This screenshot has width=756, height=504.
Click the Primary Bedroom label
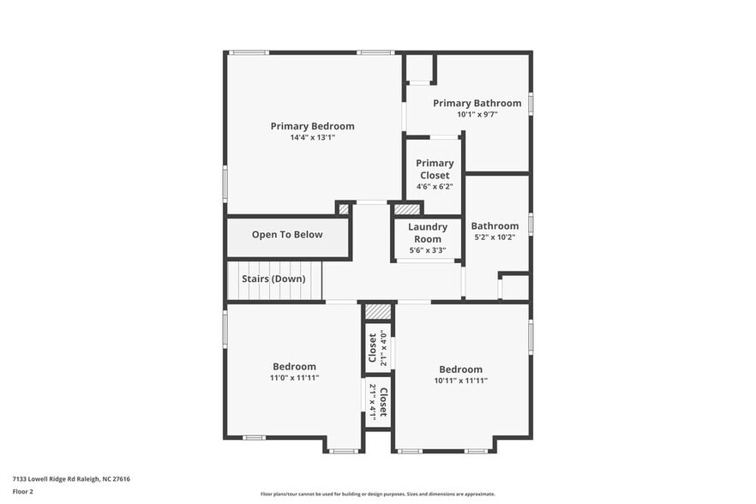point(312,126)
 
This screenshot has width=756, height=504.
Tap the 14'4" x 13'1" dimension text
point(312,137)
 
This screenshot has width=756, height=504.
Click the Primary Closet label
point(435,169)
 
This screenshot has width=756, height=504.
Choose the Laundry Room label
point(427,233)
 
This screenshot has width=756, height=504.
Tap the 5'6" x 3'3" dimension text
point(427,250)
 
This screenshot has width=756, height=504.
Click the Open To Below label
point(287,235)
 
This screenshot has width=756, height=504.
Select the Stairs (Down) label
point(273,279)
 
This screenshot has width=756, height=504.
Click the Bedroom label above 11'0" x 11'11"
point(294,367)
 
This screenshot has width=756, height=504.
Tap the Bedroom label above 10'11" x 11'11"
point(461,369)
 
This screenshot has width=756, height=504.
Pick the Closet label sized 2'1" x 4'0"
point(372,348)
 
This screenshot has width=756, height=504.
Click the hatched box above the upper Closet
point(377,311)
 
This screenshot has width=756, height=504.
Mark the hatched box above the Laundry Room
point(407,208)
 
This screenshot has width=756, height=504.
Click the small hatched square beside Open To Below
point(344,208)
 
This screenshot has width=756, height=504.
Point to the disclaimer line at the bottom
point(377,494)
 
